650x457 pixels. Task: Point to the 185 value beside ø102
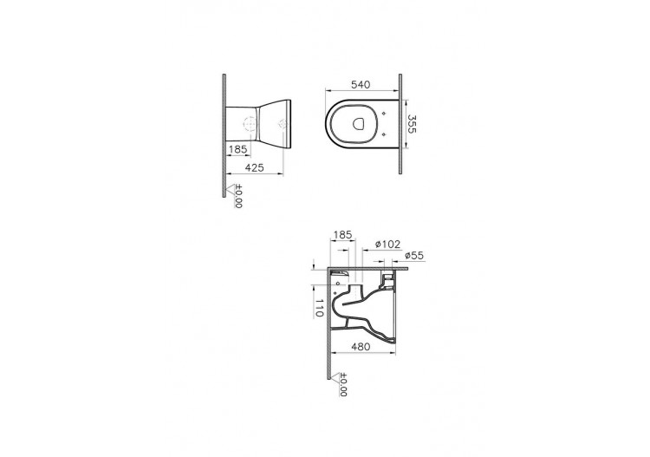(x=342, y=234)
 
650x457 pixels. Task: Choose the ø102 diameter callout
(x=386, y=245)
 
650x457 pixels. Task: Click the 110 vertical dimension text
(x=318, y=307)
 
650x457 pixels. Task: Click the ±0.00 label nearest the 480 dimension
(x=341, y=385)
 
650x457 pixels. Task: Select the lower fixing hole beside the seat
(x=384, y=136)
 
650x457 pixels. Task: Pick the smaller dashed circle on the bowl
(x=281, y=127)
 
